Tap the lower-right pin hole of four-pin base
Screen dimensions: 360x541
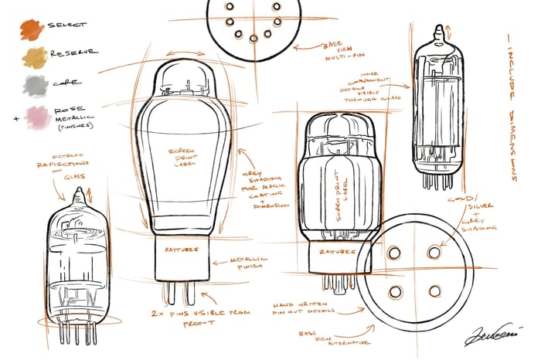click(x=434, y=290)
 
